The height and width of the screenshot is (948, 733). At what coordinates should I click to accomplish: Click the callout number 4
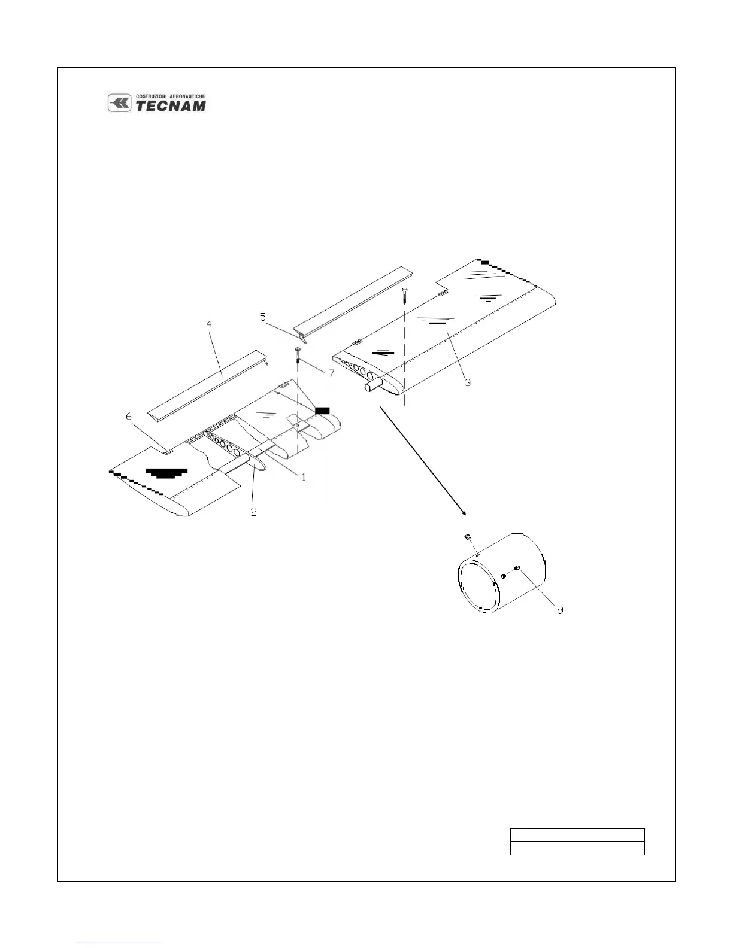pyautogui.click(x=208, y=324)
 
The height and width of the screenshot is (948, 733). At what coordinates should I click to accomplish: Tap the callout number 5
pyautogui.click(x=263, y=317)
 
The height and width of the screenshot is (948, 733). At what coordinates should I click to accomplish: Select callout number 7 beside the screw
pyautogui.click(x=331, y=373)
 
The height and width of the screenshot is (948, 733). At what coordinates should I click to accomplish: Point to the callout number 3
pyautogui.click(x=468, y=382)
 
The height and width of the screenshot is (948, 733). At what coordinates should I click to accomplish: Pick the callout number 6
pyautogui.click(x=128, y=417)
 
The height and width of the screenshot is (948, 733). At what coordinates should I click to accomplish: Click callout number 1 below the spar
pyautogui.click(x=304, y=477)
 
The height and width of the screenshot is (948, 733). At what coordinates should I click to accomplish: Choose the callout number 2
pyautogui.click(x=254, y=512)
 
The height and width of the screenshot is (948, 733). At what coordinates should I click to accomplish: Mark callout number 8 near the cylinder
pyautogui.click(x=560, y=610)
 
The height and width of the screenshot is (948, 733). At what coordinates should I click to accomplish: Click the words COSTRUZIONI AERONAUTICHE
pyautogui.click(x=170, y=96)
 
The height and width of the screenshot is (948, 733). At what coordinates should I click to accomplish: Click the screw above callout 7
pyautogui.click(x=297, y=353)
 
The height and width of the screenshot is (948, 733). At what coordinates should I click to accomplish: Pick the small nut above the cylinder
pyautogui.click(x=470, y=536)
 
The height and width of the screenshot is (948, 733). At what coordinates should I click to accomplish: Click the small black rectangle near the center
pyautogui.click(x=322, y=410)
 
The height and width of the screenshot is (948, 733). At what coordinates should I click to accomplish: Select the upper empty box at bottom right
pyautogui.click(x=577, y=835)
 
